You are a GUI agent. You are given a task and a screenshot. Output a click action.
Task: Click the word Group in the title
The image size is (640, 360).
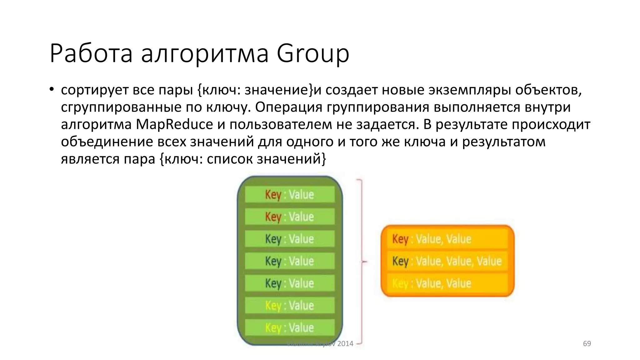[x=313, y=53]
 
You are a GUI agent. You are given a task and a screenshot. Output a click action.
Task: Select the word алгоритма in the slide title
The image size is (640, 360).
[x=205, y=53]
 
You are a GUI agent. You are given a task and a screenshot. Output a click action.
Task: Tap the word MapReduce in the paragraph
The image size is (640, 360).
[x=174, y=124]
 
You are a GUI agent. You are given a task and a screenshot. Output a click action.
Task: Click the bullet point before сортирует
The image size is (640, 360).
[x=52, y=89]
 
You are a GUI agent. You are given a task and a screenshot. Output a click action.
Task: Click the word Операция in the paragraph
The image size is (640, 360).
[x=288, y=107]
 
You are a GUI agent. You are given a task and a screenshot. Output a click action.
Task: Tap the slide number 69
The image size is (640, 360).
[x=587, y=343]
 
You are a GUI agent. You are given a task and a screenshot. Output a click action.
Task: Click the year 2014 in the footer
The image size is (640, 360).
[x=345, y=343]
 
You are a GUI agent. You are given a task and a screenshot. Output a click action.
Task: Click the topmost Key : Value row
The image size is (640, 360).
[x=290, y=194]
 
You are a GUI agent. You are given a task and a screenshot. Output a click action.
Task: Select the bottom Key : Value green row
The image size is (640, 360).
[x=290, y=327]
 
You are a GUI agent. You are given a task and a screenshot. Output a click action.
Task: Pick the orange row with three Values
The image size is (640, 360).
[x=447, y=261]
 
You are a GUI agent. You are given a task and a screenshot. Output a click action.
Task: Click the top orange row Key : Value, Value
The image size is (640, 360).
[x=447, y=239]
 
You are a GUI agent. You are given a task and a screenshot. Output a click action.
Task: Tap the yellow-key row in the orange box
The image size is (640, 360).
[x=447, y=283]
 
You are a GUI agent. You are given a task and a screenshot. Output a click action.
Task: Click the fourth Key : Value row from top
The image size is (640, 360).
[x=290, y=261]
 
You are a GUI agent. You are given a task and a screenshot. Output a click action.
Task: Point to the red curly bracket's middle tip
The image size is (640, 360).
[x=365, y=262]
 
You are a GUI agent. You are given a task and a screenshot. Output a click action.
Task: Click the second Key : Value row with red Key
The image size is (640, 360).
[x=290, y=217]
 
